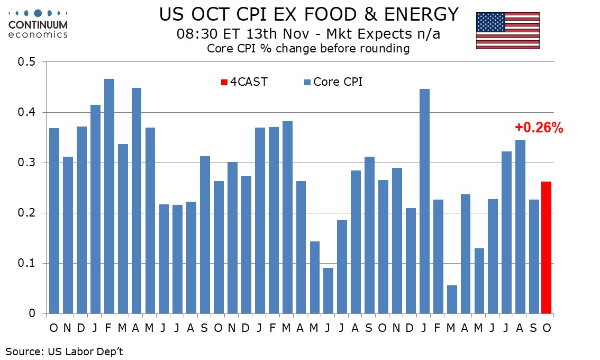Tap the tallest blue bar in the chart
click(x=109, y=196)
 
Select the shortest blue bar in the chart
click(x=452, y=299)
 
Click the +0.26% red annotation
click(x=539, y=128)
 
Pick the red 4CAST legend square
click(x=224, y=82)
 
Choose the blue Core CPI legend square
click(x=307, y=82)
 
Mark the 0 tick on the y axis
click(x=32, y=313)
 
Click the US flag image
click(x=507, y=31)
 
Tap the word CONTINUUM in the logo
click(x=38, y=25)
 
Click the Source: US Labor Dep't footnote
click(x=64, y=350)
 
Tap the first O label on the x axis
click(x=54, y=328)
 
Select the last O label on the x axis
click(x=547, y=328)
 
